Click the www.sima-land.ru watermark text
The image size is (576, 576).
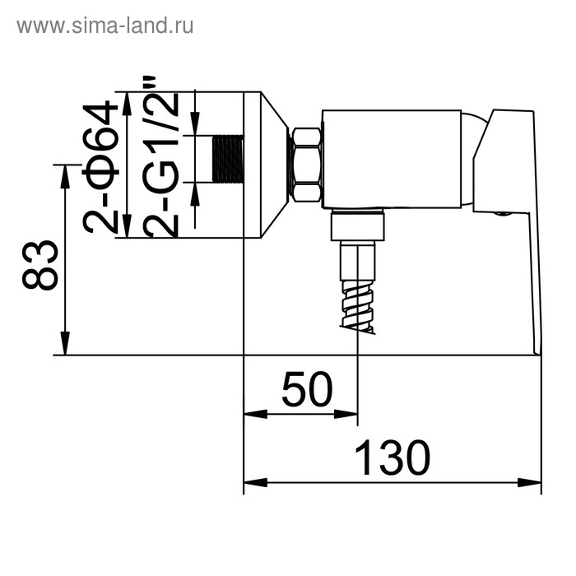pyautogui.click(x=105, y=26)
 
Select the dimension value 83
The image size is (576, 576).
pyautogui.click(x=40, y=265)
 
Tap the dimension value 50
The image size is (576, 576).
pyautogui.click(x=306, y=390)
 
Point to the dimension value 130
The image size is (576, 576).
pyautogui.click(x=393, y=458)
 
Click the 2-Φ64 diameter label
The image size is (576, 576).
pyautogui.click(x=102, y=167)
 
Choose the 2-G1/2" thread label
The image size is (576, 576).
pyautogui.click(x=161, y=156)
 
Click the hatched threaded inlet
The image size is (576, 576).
pyautogui.click(x=228, y=158)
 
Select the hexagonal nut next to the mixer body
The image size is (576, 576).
pyautogui.click(x=306, y=165)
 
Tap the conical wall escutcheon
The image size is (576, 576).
pyautogui.click(x=272, y=165)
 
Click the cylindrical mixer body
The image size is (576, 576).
pyautogui.click(x=391, y=158)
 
